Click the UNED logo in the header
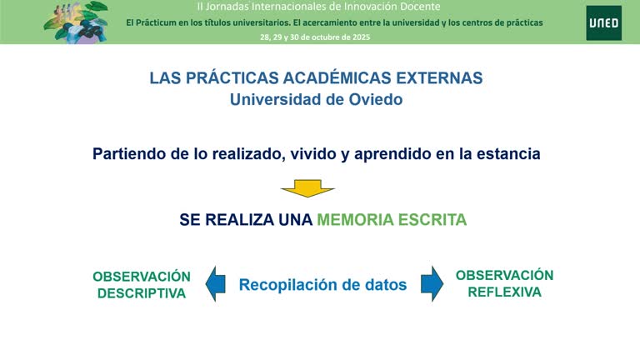point(603,22)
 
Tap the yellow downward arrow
point(307,189)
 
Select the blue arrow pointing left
point(216,283)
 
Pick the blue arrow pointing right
point(431,283)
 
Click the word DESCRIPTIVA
point(142,293)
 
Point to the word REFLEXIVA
point(504,292)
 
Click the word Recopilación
point(288,285)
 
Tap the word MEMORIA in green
point(352,220)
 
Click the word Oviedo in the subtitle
point(371,99)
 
